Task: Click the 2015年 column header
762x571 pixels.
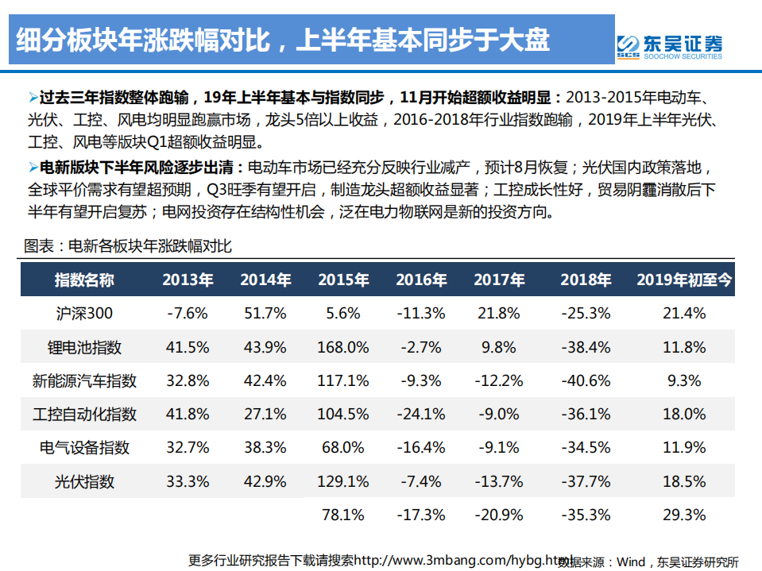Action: [343, 280]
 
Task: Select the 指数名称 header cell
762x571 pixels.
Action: [84, 280]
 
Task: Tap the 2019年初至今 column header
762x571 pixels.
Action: [683, 280]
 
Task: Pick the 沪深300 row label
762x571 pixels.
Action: [84, 314]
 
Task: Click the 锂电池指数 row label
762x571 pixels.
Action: [84, 348]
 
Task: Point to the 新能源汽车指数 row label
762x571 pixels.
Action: [84, 381]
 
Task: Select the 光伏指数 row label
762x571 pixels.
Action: [84, 481]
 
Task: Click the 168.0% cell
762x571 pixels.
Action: [343, 348]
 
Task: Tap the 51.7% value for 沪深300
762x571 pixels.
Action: [265, 314]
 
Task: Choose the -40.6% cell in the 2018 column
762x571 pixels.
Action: [586, 381]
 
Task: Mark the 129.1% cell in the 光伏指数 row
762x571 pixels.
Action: [343, 481]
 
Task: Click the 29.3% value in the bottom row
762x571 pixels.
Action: [683, 515]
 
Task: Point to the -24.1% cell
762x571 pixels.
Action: [422, 415]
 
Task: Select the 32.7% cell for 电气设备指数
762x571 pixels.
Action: [188, 448]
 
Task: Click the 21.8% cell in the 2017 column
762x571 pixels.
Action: [499, 314]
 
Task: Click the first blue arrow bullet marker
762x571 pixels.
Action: [33, 98]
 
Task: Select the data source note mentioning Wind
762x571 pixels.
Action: [648, 561]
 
